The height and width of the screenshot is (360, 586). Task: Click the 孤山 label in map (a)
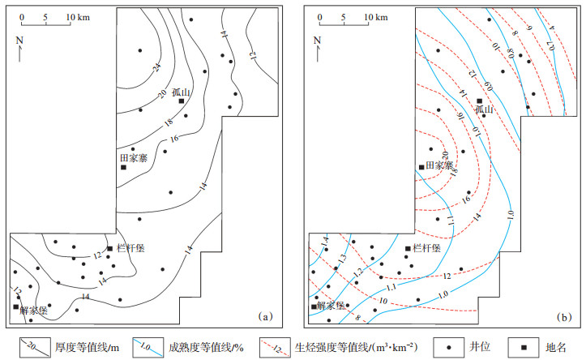pyautogui.click(x=182, y=92)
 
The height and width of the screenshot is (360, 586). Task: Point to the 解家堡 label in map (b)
pyautogui.click(x=329, y=306)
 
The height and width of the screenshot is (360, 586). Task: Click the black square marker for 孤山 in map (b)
pyautogui.click(x=479, y=101)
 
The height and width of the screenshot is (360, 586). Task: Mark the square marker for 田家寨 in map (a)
pyautogui.click(x=123, y=168)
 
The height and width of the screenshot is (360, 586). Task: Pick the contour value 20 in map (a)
pyautogui.click(x=162, y=95)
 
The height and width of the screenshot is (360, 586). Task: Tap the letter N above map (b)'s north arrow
pyautogui.click(x=318, y=40)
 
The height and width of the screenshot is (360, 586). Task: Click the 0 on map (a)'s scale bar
pyautogui.click(x=22, y=15)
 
